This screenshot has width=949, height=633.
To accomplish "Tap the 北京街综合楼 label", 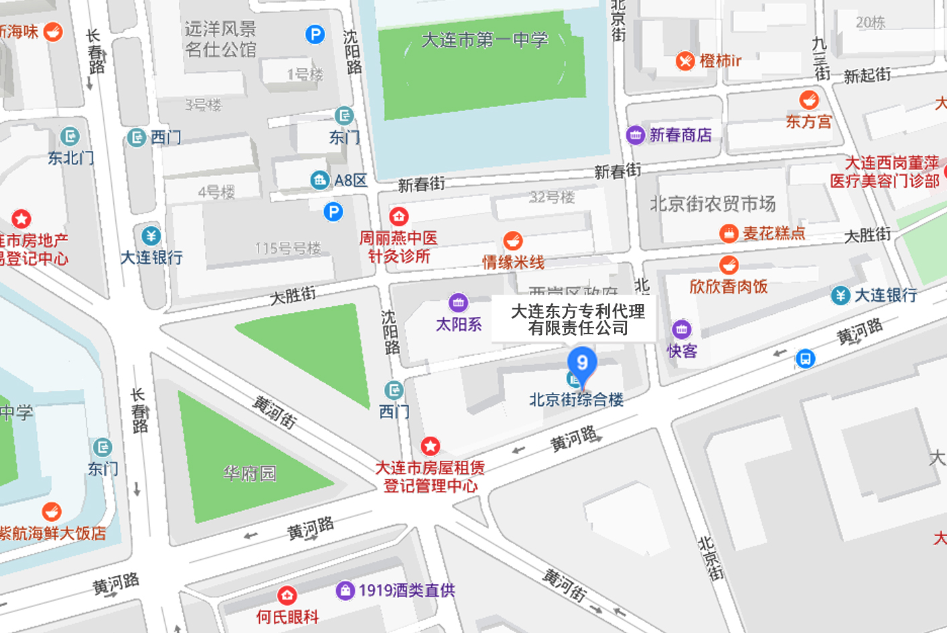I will tap(576, 400).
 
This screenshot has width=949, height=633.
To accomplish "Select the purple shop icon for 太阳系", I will tap(458, 303).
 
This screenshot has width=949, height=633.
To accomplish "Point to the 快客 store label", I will tap(682, 351).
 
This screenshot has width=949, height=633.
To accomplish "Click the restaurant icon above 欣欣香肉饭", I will tap(729, 265).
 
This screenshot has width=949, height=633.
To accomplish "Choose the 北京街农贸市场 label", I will tap(713, 204).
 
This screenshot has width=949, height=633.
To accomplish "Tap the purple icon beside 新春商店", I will tap(635, 135).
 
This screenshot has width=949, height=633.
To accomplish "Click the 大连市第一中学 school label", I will tap(484, 40).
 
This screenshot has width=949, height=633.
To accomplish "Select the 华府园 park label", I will tap(249, 474).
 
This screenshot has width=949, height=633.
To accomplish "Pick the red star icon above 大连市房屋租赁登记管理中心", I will tap(430, 446).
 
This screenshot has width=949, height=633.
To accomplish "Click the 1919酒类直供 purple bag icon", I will tap(345, 590).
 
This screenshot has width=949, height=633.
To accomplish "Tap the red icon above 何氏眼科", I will tap(287, 595).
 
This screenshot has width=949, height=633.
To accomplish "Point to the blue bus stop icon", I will tap(805, 358).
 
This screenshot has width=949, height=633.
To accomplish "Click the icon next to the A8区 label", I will tap(319, 180).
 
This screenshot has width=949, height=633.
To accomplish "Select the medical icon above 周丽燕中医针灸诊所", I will tap(399, 216).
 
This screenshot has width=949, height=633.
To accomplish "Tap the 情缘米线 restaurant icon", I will tap(513, 240).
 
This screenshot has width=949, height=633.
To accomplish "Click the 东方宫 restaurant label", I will tap(808, 122).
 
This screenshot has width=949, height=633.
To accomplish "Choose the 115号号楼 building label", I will tap(288, 249).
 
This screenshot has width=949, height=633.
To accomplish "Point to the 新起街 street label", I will tap(867, 76).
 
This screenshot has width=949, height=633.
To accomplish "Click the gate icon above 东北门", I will tap(70, 137).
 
